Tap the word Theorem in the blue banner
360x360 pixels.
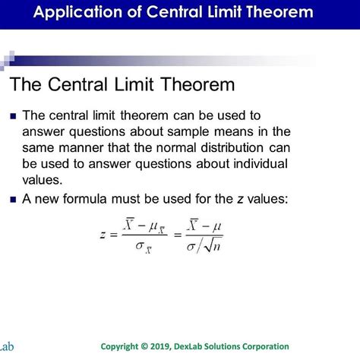pyautogui.click(x=273, y=13)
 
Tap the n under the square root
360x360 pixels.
pyautogui.click(x=218, y=245)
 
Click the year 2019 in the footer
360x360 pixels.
pyautogui.click(x=178, y=346)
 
